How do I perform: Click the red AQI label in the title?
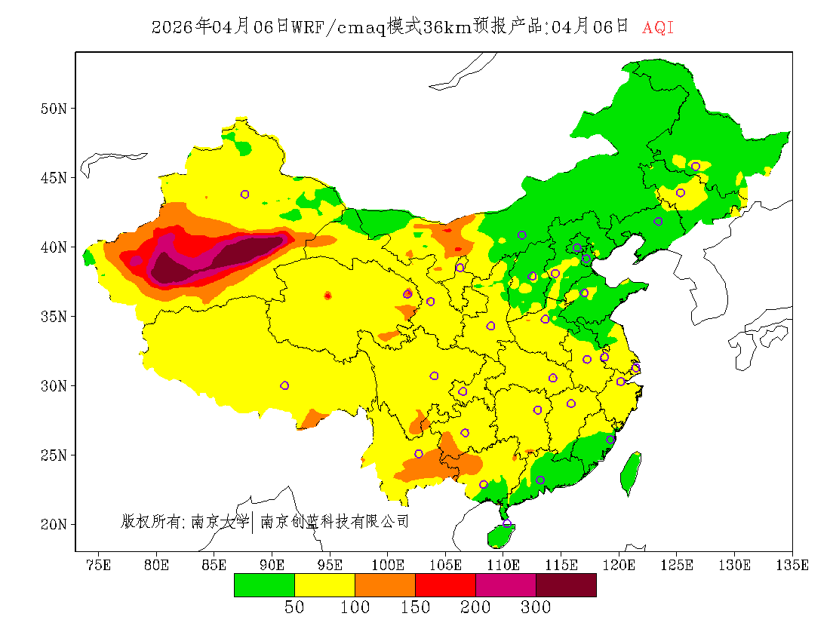657,28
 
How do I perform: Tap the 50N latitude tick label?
53,109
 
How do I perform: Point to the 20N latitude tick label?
53,524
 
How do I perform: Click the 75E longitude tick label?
98,565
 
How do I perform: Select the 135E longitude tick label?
793,565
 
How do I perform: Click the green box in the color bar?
264,585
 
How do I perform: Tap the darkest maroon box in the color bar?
566,585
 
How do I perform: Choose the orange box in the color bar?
385,585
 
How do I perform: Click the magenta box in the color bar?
506,585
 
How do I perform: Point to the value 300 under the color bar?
536,608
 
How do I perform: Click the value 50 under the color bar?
294,608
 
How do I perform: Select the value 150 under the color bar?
415,608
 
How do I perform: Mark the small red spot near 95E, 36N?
327,296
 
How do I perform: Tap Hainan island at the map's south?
500,535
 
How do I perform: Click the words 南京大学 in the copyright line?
220,521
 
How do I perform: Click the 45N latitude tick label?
53,178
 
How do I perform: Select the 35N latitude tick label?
53,317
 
